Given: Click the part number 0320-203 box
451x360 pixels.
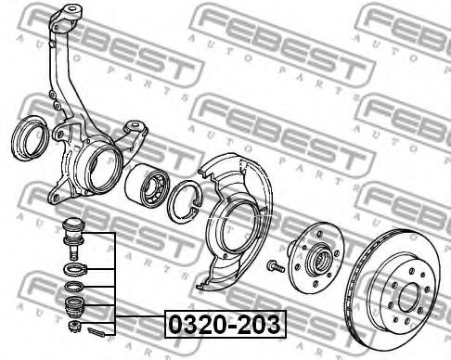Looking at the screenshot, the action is pyautogui.click(x=225, y=324).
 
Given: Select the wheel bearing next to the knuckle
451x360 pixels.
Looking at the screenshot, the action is pyautogui.click(x=148, y=185).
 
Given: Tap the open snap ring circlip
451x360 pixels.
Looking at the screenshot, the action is pyautogui.click(x=185, y=201).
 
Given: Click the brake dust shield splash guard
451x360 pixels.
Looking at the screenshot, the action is pyautogui.click(x=235, y=220).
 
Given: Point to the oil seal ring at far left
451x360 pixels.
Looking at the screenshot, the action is pyautogui.click(x=30, y=138).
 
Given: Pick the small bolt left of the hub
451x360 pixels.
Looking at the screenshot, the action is pyautogui.click(x=276, y=266).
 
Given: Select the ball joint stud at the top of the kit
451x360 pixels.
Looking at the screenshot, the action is pyautogui.click(x=72, y=238).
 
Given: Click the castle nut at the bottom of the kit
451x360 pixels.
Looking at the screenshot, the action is pyautogui.click(x=74, y=326).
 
